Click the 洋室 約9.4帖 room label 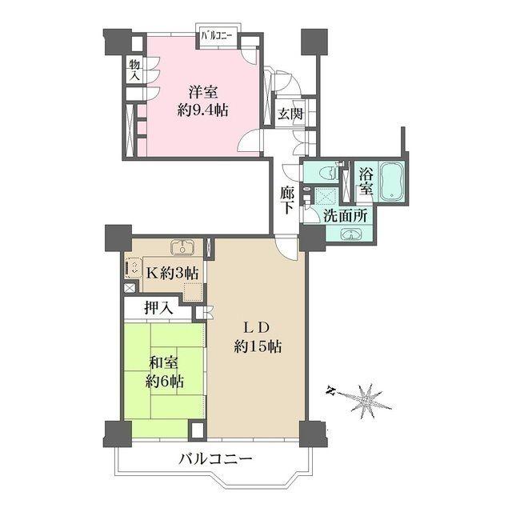click(x=202, y=102)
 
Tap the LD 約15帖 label click(x=258, y=337)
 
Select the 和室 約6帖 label click(x=164, y=372)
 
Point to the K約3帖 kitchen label click(x=172, y=273)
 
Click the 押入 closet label click(x=158, y=307)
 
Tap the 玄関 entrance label click(x=290, y=114)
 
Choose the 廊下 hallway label click(x=287, y=200)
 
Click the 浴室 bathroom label click(x=366, y=182)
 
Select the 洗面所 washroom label click(x=345, y=216)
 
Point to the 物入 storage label click(x=134, y=70)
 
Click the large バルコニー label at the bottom click(x=216, y=460)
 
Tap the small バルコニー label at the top click(x=216, y=35)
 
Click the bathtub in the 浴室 click(x=391, y=181)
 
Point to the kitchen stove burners click(x=134, y=267)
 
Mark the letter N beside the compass click(x=331, y=390)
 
